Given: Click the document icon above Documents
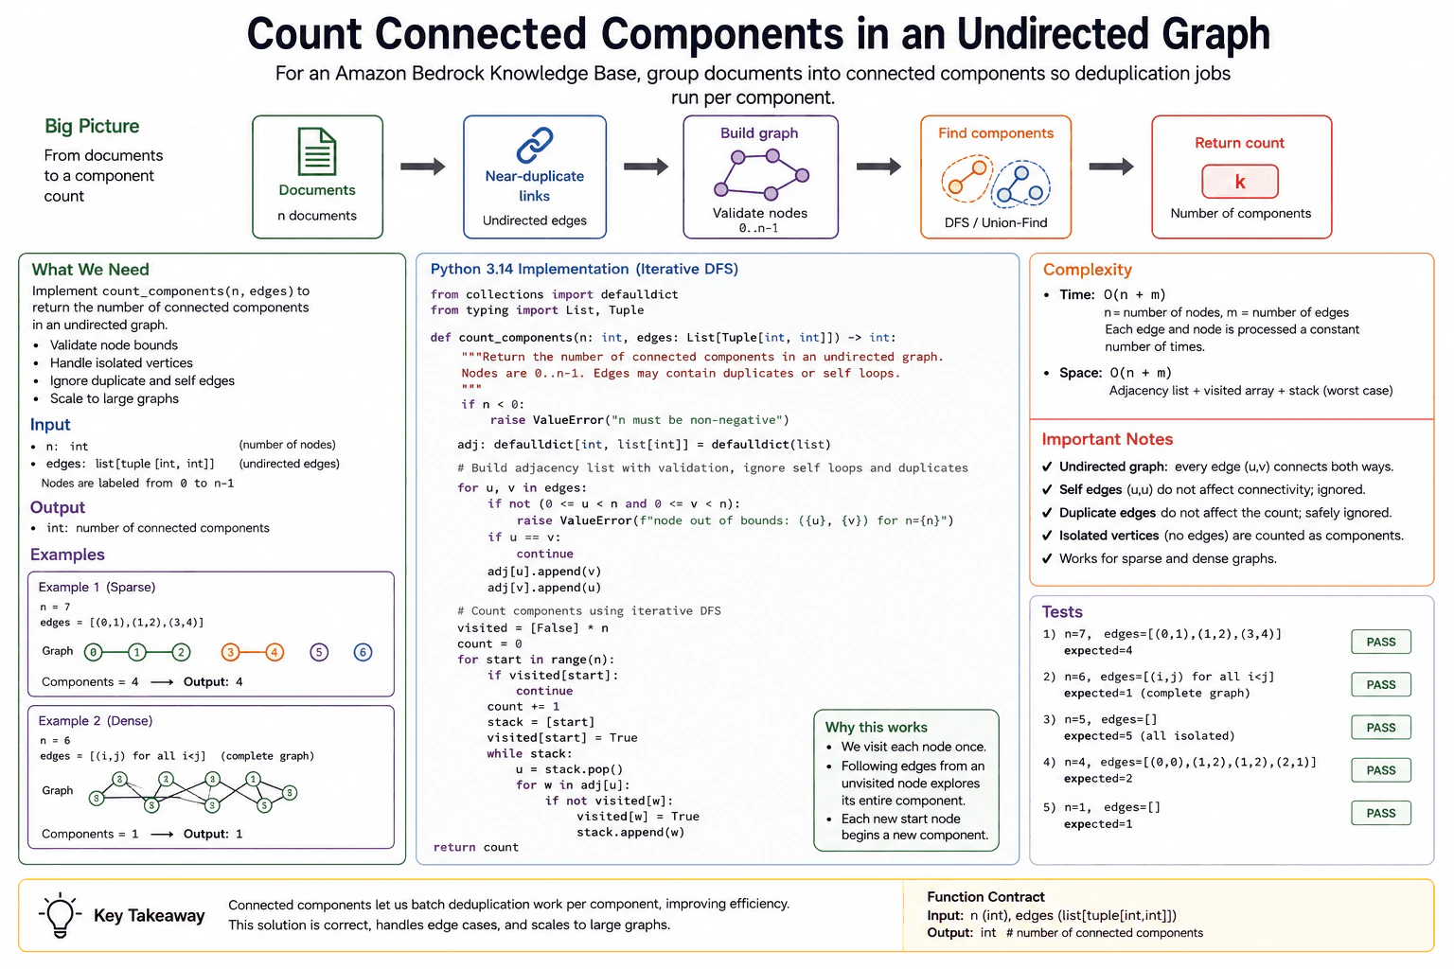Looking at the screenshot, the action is pos(317,151).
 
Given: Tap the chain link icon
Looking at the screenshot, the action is pos(535,145).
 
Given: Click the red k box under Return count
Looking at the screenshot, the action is pos(1240,181).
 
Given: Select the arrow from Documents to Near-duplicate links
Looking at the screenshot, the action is pos(422,167).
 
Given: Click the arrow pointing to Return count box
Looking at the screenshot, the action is pos(1111,167).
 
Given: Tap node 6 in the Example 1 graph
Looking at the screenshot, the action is pos(363,652).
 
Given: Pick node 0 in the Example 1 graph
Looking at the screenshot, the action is pos(94,652).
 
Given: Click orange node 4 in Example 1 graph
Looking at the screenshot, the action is pos(275,652).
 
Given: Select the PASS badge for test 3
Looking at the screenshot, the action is pos(1381,727).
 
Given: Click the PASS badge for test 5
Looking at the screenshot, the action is pos(1381,813).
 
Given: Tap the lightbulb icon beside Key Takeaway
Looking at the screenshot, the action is pos(60,915).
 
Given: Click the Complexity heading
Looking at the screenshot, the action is pos(1088,270).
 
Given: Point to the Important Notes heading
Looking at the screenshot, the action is pos(1108,439).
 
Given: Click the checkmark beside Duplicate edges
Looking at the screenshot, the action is pos(1047,513).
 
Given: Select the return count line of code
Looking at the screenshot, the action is pos(476,847).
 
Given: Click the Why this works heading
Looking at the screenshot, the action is pos(877,727).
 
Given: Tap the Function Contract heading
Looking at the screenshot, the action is pos(985,896).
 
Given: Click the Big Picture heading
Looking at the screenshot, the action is pos(92,126).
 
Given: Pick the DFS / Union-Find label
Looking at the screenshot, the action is pos(996,222).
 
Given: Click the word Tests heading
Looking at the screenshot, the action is pos(1062,611).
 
